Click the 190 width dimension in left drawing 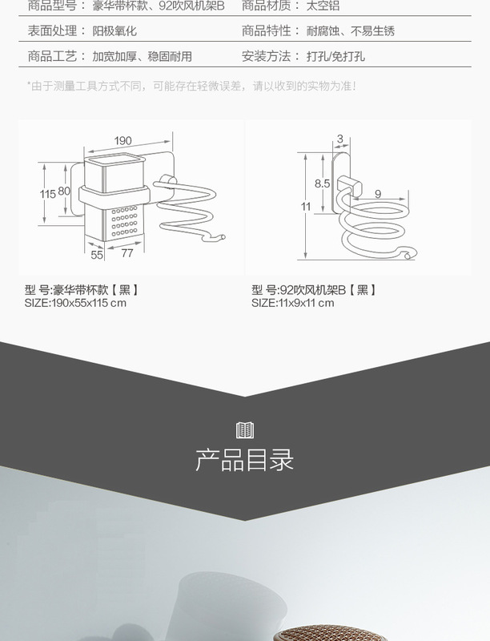click(x=122, y=141)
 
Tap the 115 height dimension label click(x=48, y=194)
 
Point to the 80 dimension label click(x=64, y=191)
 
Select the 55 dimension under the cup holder click(x=97, y=255)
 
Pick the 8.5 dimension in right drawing click(x=323, y=183)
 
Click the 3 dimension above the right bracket click(x=339, y=139)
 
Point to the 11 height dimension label click(x=305, y=206)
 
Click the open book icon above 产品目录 click(x=245, y=429)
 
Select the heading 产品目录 click(x=245, y=461)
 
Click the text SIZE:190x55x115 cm click(x=75, y=303)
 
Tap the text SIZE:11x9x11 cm click(x=292, y=303)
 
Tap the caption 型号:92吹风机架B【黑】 click(x=313, y=290)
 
